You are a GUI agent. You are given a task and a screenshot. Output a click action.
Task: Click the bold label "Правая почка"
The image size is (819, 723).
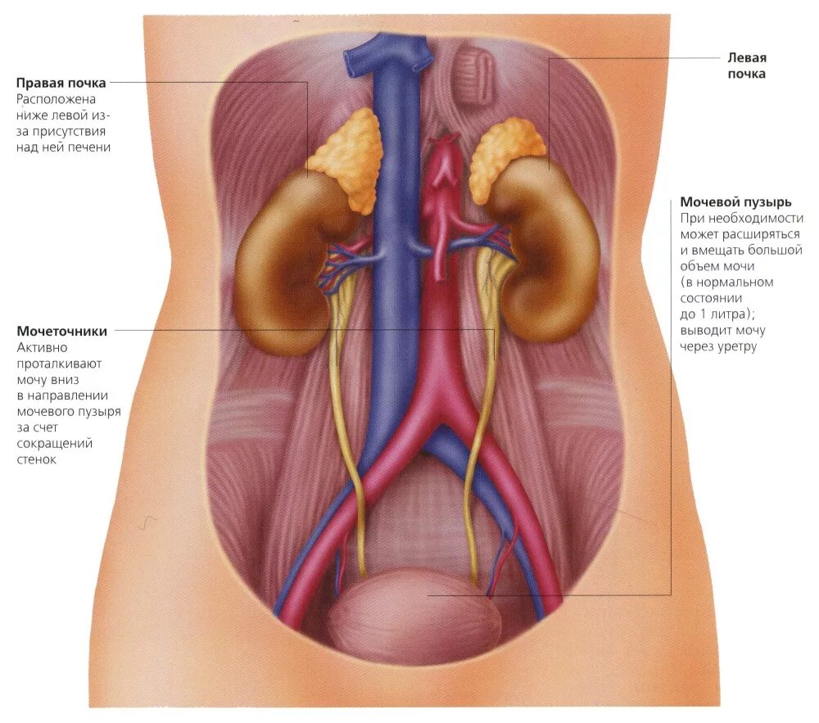pyautogui.click(x=61, y=83)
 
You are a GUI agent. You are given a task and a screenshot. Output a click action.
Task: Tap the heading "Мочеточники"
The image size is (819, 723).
pyautogui.click(x=61, y=332)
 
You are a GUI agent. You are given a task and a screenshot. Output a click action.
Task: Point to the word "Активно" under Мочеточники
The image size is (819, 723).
pyautogui.click(x=38, y=347)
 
